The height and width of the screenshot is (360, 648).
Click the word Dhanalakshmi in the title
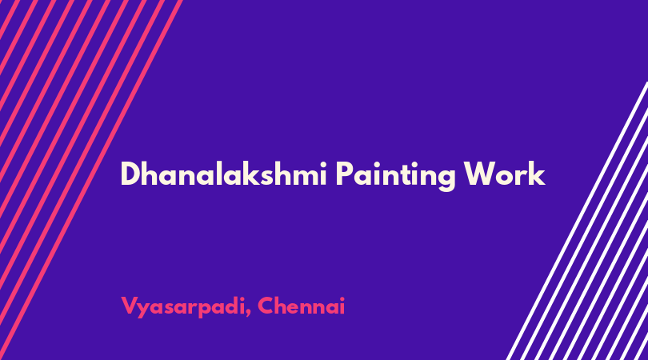point(223,174)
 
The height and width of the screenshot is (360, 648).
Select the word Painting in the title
point(395,176)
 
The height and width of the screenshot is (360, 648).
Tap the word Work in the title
point(504,174)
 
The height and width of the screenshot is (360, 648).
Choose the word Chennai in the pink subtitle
point(302,306)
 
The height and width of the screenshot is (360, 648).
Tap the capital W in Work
point(480,174)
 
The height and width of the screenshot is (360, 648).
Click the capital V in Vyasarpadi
point(129,306)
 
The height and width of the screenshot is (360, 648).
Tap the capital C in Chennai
point(266,306)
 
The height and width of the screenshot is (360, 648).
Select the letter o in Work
point(506,177)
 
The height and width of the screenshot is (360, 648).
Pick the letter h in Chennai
point(282,306)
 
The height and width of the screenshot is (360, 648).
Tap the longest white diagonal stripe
point(577,221)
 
